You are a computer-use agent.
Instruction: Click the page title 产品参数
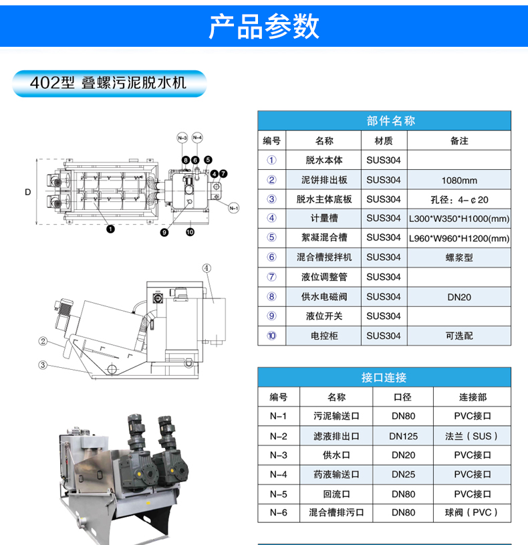[263, 27]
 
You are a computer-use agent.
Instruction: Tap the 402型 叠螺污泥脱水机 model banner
[110, 84]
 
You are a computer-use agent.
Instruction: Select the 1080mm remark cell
[459, 180]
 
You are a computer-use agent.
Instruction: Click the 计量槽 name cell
[323, 218]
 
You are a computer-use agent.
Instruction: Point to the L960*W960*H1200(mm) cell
[459, 239]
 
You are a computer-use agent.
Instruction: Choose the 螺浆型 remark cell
[459, 257]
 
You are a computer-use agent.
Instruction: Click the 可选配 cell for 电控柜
[459, 336]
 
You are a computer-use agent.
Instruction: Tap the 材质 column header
[384, 141]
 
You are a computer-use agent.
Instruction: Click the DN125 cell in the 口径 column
[403, 436]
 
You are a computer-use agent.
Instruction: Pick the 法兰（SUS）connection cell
[472, 436]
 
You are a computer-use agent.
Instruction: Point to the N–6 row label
[279, 513]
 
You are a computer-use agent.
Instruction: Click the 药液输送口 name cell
[336, 474]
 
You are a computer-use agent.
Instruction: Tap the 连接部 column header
[473, 397]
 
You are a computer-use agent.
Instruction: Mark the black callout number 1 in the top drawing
[110, 229]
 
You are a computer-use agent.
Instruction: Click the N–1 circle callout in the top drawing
[234, 208]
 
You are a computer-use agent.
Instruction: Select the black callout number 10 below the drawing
[190, 232]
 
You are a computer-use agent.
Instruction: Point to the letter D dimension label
[28, 192]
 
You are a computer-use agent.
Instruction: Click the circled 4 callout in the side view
[207, 268]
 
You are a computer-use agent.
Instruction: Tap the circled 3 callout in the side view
[43, 365]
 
